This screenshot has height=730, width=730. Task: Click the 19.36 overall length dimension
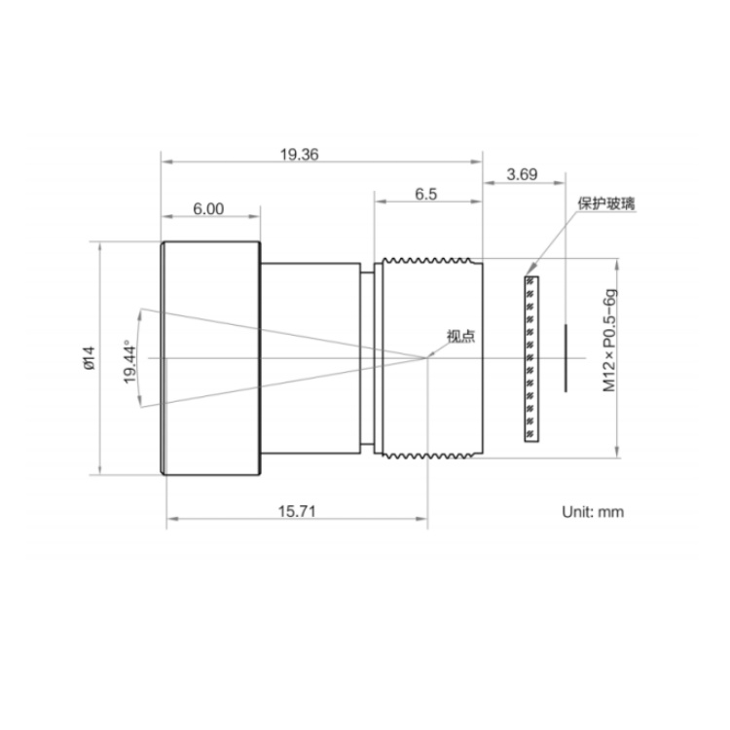[300, 154]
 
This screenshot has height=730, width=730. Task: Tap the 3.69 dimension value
[522, 174]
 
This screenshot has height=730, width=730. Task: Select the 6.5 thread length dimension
[426, 194]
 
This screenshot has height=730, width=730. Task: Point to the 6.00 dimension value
[208, 209]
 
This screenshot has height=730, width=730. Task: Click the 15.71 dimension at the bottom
[297, 511]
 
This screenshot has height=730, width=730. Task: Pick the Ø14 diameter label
[89, 357]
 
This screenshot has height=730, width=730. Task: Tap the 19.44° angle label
[129, 363]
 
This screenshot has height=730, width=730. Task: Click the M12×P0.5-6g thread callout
[609, 341]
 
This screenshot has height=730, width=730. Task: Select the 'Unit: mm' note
[593, 512]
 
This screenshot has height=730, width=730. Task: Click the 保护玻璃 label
[606, 203]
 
